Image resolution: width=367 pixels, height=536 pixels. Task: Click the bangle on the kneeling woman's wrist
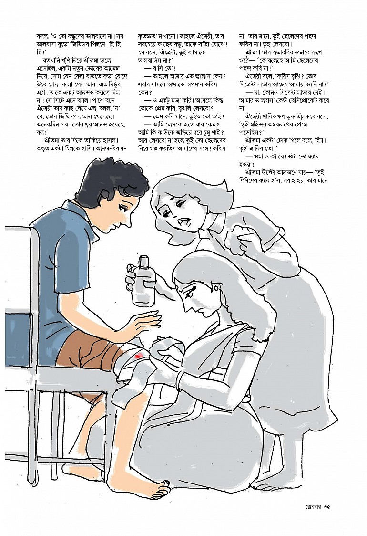coord(180,378)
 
